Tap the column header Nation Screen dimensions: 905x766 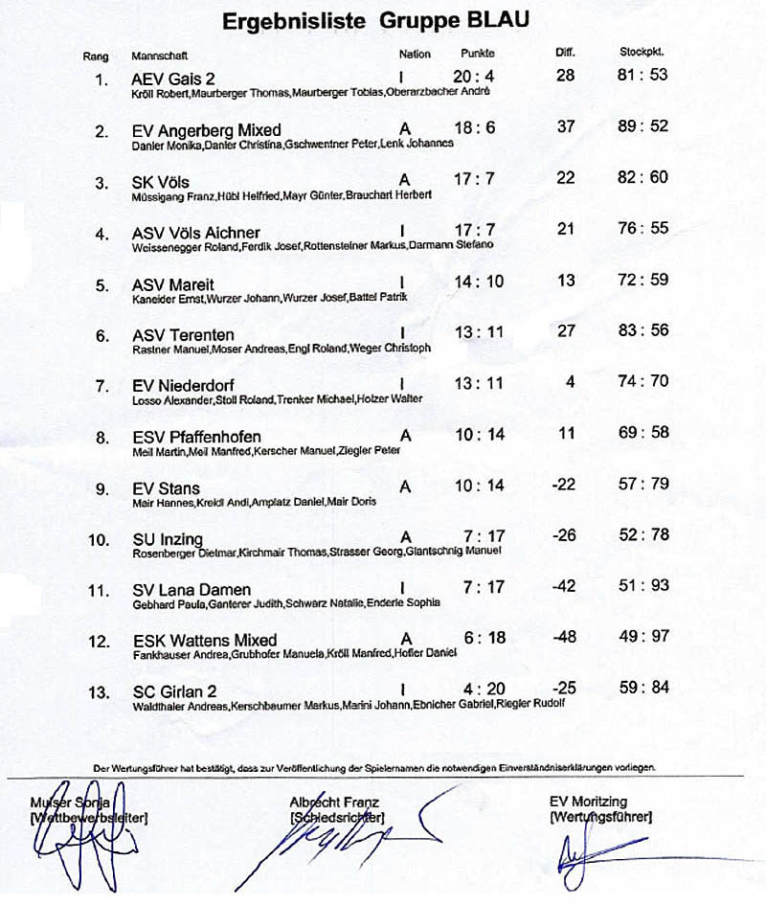tap(415, 55)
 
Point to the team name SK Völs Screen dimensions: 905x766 tap(161, 182)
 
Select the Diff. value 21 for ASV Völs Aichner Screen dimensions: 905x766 tap(565, 229)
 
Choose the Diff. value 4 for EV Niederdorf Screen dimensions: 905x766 tap(570, 381)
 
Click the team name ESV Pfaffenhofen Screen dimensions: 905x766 tap(196, 437)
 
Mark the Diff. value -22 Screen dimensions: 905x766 tap(564, 485)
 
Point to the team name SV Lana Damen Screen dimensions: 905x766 tap(191, 590)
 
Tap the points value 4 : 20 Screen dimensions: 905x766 tap(476, 689)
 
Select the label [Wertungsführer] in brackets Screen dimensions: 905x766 tap(601, 818)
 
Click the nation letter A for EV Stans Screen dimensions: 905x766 tap(405, 486)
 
